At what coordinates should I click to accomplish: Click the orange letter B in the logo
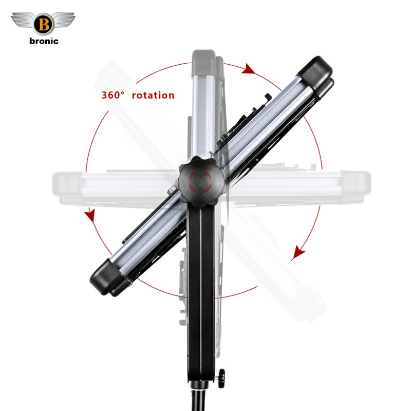tap(44, 25)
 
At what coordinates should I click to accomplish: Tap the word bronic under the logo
tap(44, 41)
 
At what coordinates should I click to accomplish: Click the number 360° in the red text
tap(113, 95)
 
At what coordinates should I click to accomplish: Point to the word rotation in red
tap(153, 95)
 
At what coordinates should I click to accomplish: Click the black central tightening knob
tap(201, 180)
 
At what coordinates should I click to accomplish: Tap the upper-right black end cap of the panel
tap(316, 76)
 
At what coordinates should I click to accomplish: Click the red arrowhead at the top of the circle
tap(248, 69)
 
